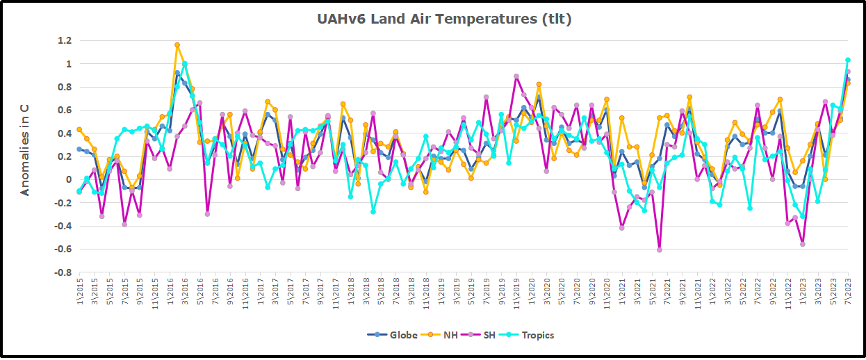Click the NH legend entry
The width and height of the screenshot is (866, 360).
coord(450,335)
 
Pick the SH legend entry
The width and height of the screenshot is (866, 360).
coord(489,335)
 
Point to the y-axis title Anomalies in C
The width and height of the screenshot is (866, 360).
coord(25,149)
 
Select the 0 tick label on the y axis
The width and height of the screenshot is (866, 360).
coord(67,180)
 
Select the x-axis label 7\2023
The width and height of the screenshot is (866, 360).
coord(847,293)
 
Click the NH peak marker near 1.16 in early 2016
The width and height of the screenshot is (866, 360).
coord(177,45)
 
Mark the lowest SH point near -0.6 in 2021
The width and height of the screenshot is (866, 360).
coord(659,249)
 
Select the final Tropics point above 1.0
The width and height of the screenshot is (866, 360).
coord(847,60)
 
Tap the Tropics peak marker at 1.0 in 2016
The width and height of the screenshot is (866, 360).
coord(185,64)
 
